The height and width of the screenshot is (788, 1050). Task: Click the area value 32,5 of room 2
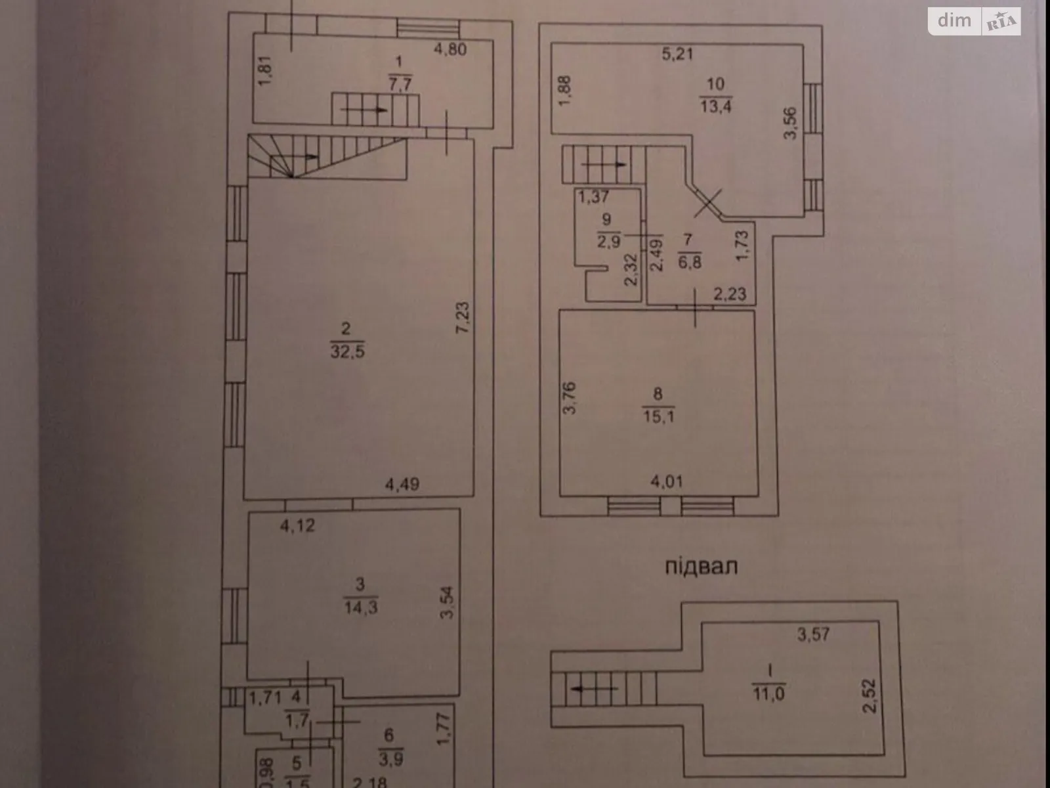(347, 352)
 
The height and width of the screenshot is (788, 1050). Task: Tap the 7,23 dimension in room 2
(463, 318)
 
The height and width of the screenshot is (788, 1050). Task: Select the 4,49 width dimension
(402, 485)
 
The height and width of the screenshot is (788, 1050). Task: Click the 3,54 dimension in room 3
(448, 603)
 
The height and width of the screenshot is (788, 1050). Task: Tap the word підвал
(701, 566)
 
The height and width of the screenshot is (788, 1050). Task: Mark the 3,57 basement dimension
(813, 634)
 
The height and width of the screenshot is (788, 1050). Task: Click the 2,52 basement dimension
(870, 696)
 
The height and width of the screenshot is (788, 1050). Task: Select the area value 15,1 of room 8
(659, 416)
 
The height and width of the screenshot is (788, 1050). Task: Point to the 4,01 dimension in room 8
(666, 482)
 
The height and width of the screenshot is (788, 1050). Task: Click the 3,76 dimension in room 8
(570, 398)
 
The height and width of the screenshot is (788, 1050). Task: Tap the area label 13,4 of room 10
(715, 106)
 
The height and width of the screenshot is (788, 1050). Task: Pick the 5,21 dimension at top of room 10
(677, 54)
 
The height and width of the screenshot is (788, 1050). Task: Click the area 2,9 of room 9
(608, 241)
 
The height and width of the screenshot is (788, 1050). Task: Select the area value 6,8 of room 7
(690, 261)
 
